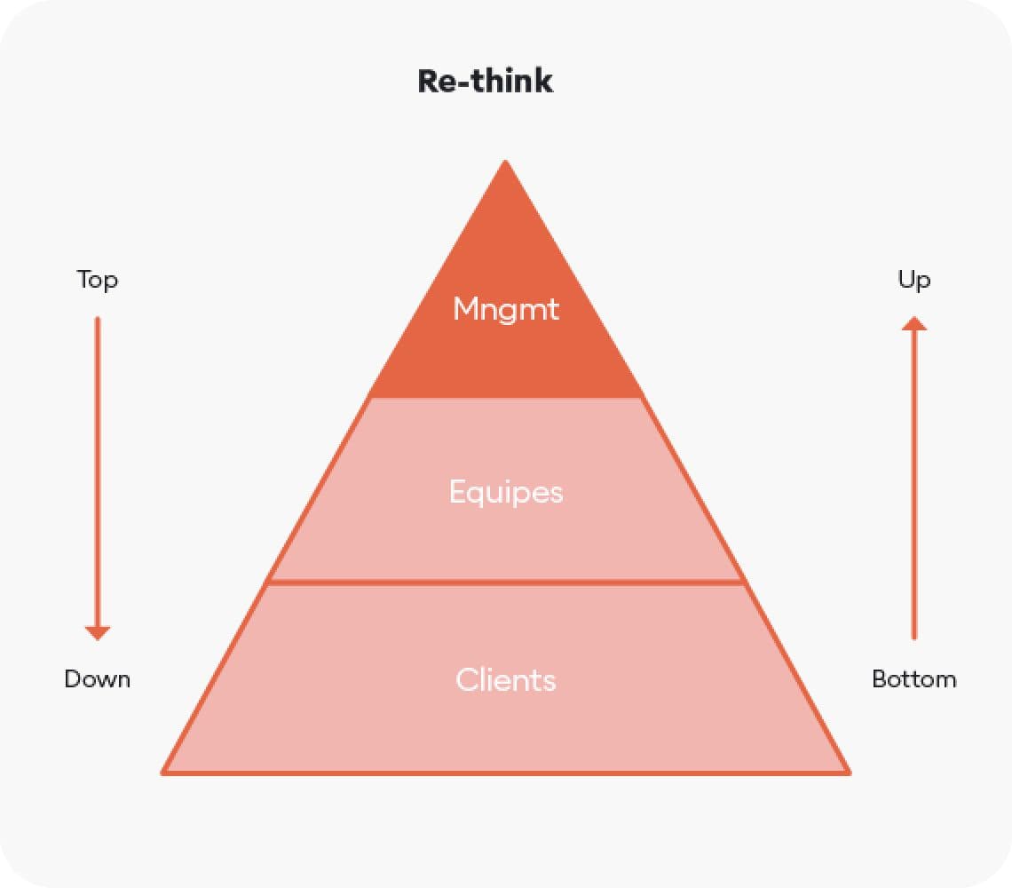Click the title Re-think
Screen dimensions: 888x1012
[x=485, y=81]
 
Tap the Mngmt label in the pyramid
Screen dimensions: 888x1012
[x=506, y=309]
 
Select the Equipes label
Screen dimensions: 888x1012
[x=506, y=492]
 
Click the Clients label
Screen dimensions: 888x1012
[x=506, y=680]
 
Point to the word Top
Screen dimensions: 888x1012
[x=98, y=281]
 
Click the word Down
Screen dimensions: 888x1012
[x=98, y=680]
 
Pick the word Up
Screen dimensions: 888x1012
[x=913, y=281]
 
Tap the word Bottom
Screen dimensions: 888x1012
[x=913, y=680]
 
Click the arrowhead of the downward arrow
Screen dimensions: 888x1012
[x=98, y=632]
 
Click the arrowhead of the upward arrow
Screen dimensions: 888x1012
[x=913, y=324]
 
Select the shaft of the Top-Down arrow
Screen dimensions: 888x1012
[x=98, y=471]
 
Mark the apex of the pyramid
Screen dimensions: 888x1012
[x=505, y=163]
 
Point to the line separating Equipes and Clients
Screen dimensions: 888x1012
[x=506, y=582]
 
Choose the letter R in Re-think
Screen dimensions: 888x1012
[x=428, y=81]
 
